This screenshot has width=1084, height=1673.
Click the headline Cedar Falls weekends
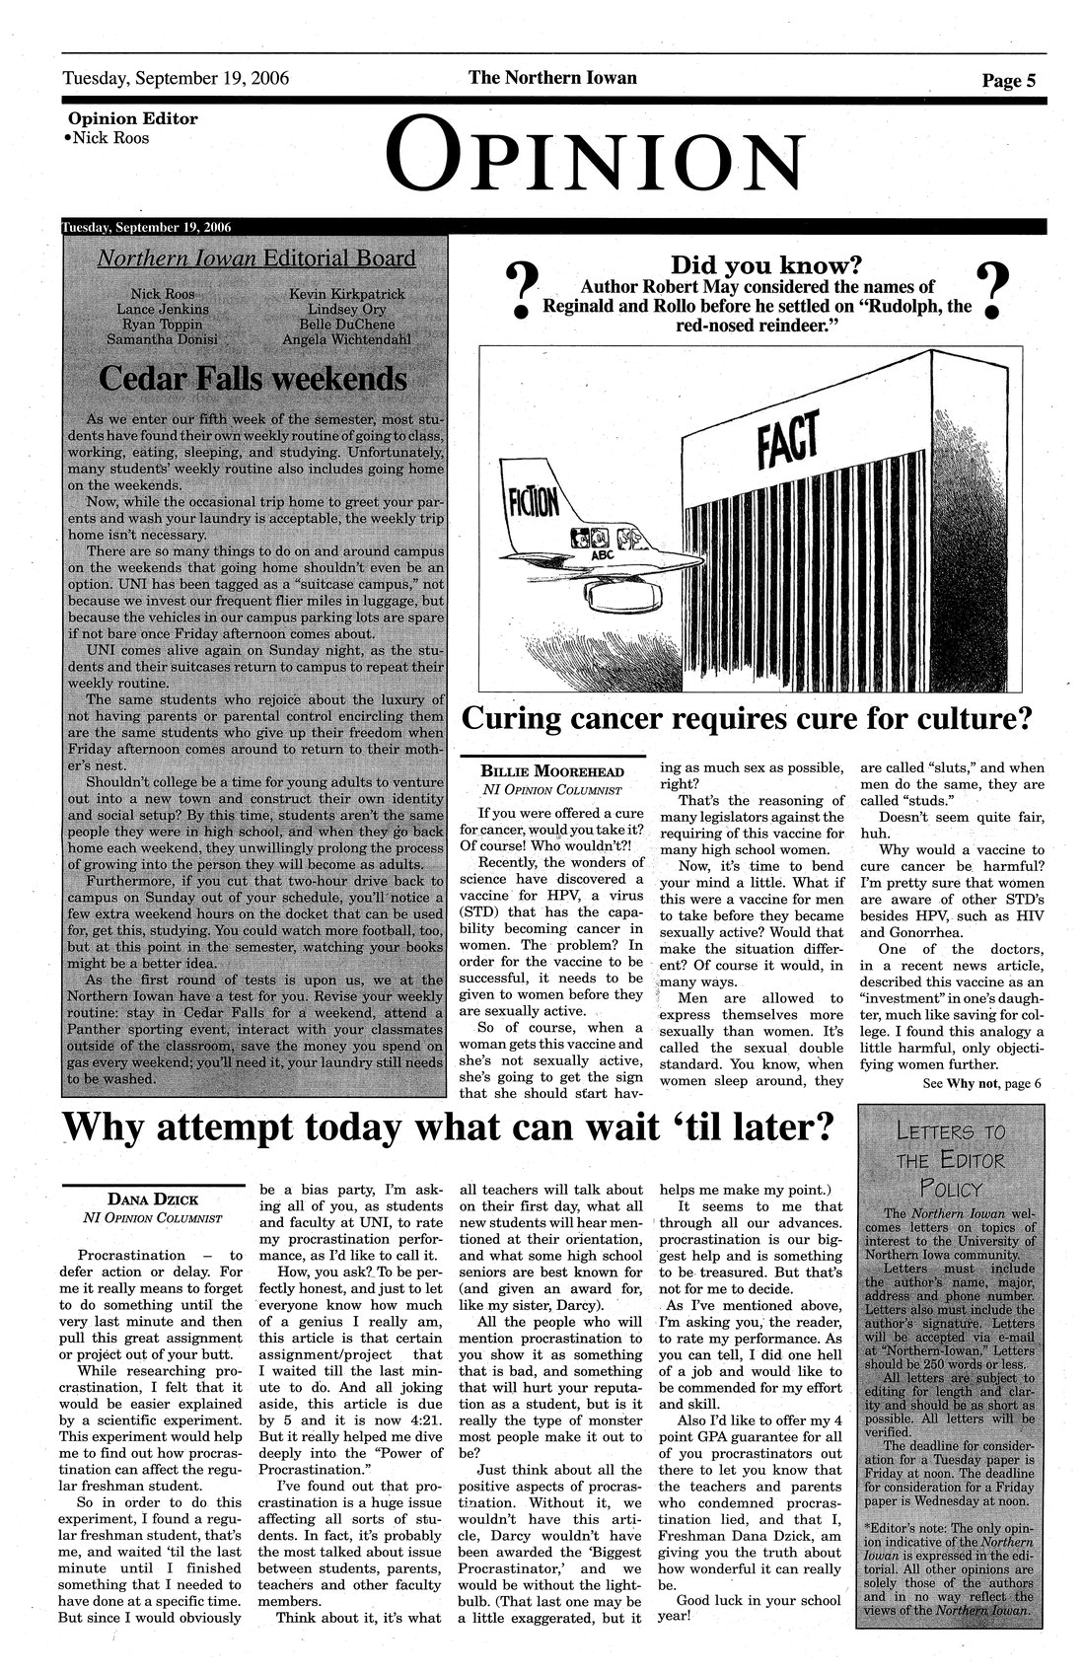[x=253, y=378]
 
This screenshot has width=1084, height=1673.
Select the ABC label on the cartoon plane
[x=602, y=555]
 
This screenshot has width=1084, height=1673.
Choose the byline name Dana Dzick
[x=152, y=1200]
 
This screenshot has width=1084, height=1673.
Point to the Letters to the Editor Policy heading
[x=948, y=1157]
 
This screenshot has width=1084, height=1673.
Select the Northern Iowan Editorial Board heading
[x=255, y=258]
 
